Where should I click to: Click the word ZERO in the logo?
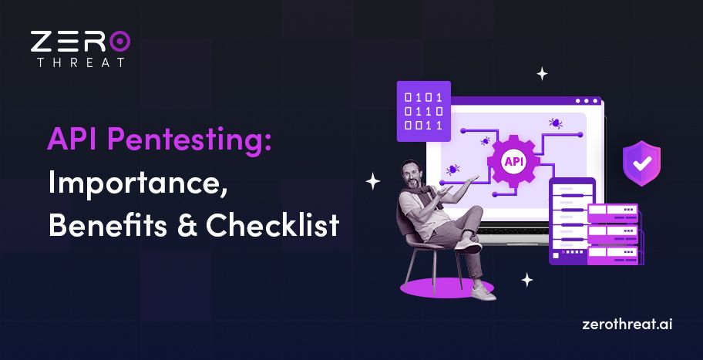coord(80,42)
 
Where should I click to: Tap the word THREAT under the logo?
coord(80,62)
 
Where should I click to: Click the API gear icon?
coord(513,162)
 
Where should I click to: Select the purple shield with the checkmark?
coord(641,163)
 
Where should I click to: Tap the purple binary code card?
coord(423,111)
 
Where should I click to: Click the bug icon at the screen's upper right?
coord(554,123)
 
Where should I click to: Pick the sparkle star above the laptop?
coord(542,74)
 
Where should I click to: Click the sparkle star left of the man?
coord(373,182)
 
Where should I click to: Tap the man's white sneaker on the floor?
coord(482,292)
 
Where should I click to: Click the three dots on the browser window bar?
coord(587,101)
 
